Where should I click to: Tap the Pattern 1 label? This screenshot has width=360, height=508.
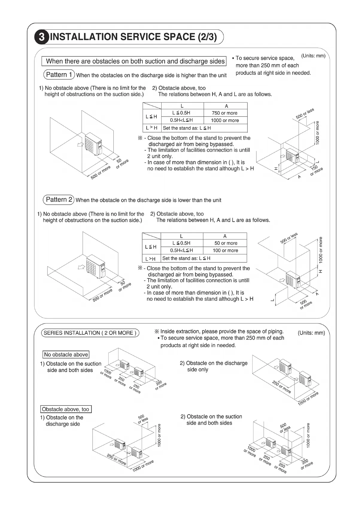pyautogui.click(x=59, y=75)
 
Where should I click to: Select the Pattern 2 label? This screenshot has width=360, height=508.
pyautogui.click(x=59, y=199)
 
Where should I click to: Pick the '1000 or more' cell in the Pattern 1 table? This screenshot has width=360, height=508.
pyautogui.click(x=225, y=120)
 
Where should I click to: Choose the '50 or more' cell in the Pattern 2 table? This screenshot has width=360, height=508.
pyautogui.click(x=226, y=243)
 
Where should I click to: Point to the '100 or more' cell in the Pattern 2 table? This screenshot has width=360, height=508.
pyautogui.click(x=225, y=250)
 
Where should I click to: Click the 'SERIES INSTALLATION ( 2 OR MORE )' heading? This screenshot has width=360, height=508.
pyautogui.click(x=90, y=333)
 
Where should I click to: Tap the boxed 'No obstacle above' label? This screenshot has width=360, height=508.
pyautogui.click(x=66, y=355)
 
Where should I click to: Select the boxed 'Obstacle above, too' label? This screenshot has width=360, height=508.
pyautogui.click(x=66, y=409)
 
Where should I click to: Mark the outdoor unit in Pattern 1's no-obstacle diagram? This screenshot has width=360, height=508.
pyautogui.click(x=93, y=144)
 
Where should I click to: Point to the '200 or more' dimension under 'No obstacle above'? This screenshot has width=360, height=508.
pyautogui.click(x=160, y=385)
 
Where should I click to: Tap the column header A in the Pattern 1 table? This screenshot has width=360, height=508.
pyautogui.click(x=226, y=106)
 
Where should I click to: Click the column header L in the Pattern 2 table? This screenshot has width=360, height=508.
pyautogui.click(x=181, y=236)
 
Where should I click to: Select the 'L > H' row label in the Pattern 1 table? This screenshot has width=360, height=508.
pyautogui.click(x=151, y=128)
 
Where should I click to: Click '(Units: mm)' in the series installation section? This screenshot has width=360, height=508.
pyautogui.click(x=311, y=333)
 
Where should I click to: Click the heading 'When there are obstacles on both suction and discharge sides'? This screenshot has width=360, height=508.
pyautogui.click(x=135, y=61)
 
